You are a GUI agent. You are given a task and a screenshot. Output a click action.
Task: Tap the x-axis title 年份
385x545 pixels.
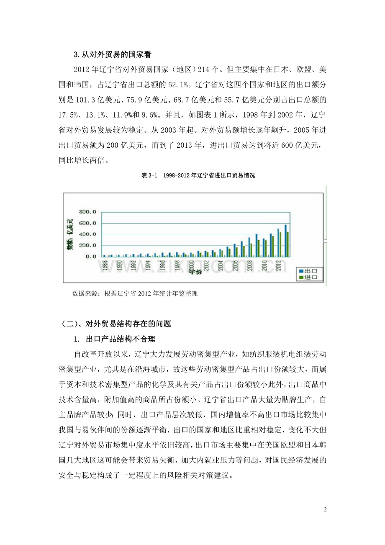195,272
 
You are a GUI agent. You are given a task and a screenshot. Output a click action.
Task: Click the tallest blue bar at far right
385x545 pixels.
286,240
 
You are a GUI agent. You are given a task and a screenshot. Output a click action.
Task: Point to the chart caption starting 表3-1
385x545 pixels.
198,176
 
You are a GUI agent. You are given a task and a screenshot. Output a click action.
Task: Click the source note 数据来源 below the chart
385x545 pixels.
135,294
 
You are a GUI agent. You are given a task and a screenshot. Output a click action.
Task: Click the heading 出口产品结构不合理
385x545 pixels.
116,338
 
